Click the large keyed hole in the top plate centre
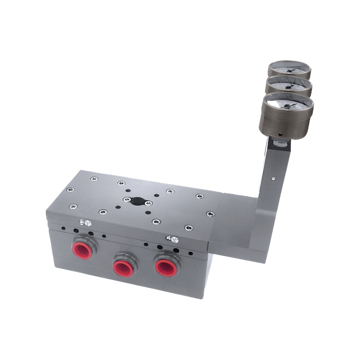[x=136, y=200]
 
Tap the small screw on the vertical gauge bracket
[x=274, y=178]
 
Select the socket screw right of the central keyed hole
[x=149, y=203]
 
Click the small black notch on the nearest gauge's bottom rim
[x=280, y=134]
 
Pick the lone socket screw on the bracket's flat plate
[x=210, y=214]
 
